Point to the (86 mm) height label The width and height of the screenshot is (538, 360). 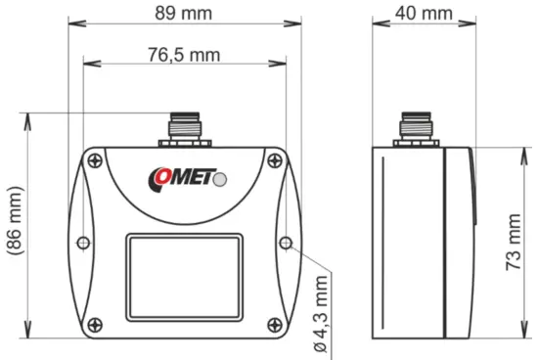(x=13, y=222)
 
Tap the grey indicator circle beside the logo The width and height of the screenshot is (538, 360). (x=222, y=179)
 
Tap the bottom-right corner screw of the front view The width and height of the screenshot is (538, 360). (x=273, y=324)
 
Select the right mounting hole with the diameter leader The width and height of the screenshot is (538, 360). (x=285, y=242)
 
